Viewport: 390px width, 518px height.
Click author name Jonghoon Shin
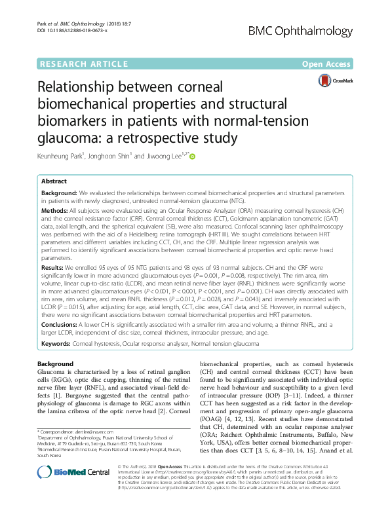click(115, 156)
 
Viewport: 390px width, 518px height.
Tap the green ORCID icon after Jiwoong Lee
click(193, 156)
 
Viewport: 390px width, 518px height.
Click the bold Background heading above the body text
click(56, 364)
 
